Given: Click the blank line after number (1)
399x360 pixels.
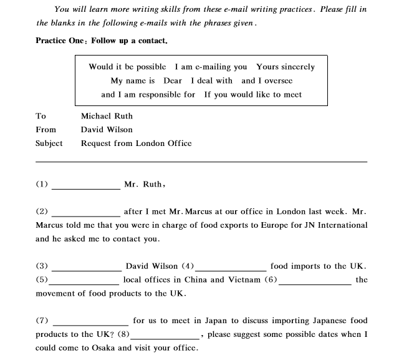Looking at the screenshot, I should point(85,187).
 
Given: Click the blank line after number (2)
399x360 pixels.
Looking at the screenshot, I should point(85,215).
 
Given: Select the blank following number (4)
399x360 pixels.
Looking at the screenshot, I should point(231,270).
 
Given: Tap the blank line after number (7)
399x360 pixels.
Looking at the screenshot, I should point(91,324).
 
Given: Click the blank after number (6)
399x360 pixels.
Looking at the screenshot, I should point(315,283).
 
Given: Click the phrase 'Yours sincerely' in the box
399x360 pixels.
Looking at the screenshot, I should point(286,67).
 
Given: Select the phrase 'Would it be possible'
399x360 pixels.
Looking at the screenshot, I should point(127,67).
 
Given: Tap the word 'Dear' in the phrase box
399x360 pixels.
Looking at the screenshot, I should point(173,80).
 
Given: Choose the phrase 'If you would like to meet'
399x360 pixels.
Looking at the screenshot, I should point(253,94).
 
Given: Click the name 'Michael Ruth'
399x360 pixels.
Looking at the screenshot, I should point(107,116).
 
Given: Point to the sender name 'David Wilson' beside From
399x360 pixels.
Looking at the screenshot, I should point(107,130).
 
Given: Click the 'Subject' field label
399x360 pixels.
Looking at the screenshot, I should point(49,144).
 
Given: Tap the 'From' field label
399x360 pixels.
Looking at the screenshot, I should point(46,130).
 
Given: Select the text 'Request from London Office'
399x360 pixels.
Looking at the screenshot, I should point(136,144).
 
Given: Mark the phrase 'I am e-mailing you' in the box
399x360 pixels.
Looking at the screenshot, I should point(211,67).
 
